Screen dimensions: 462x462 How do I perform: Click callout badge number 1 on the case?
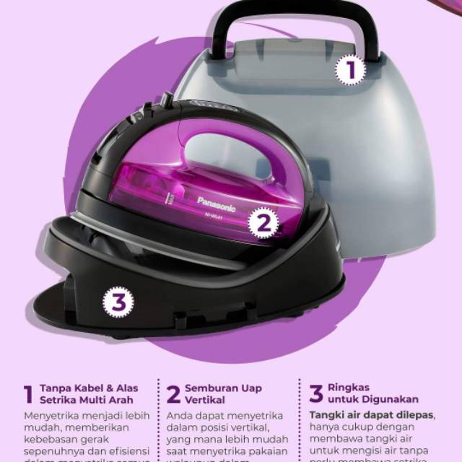(x=351, y=71)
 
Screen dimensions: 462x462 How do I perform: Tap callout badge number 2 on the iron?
(x=263, y=223)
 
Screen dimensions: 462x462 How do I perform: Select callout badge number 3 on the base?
(x=118, y=301)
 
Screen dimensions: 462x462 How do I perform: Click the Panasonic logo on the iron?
(x=216, y=200)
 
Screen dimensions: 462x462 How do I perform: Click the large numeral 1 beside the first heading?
(x=28, y=394)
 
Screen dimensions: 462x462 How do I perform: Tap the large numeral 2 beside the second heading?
(x=173, y=394)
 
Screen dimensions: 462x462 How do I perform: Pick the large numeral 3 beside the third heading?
(x=316, y=393)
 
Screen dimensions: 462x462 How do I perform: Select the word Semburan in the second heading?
(x=208, y=388)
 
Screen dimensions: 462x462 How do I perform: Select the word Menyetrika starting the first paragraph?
(x=53, y=417)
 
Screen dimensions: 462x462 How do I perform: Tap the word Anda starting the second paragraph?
(x=179, y=417)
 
